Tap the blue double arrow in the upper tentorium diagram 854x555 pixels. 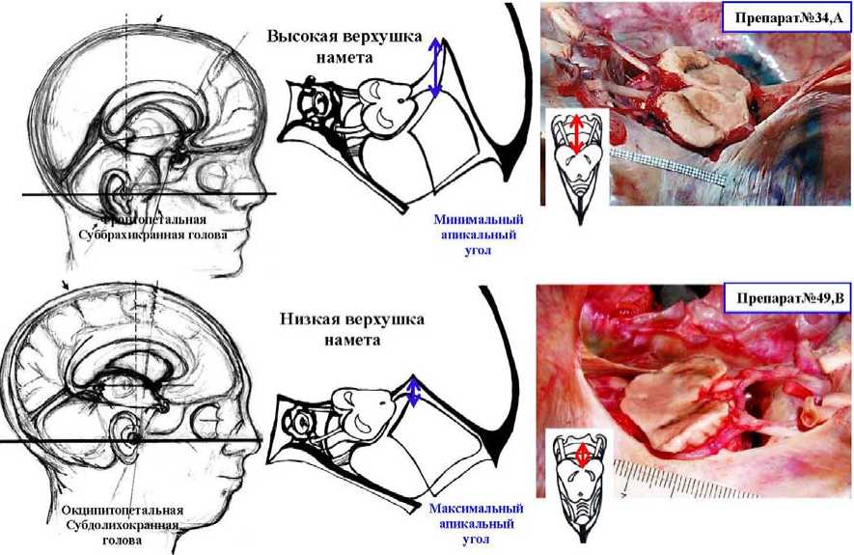coord(435,67)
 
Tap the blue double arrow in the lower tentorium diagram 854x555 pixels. coord(414,393)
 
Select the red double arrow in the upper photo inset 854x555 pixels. coord(576,134)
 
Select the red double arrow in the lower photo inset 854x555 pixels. coord(581,455)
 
